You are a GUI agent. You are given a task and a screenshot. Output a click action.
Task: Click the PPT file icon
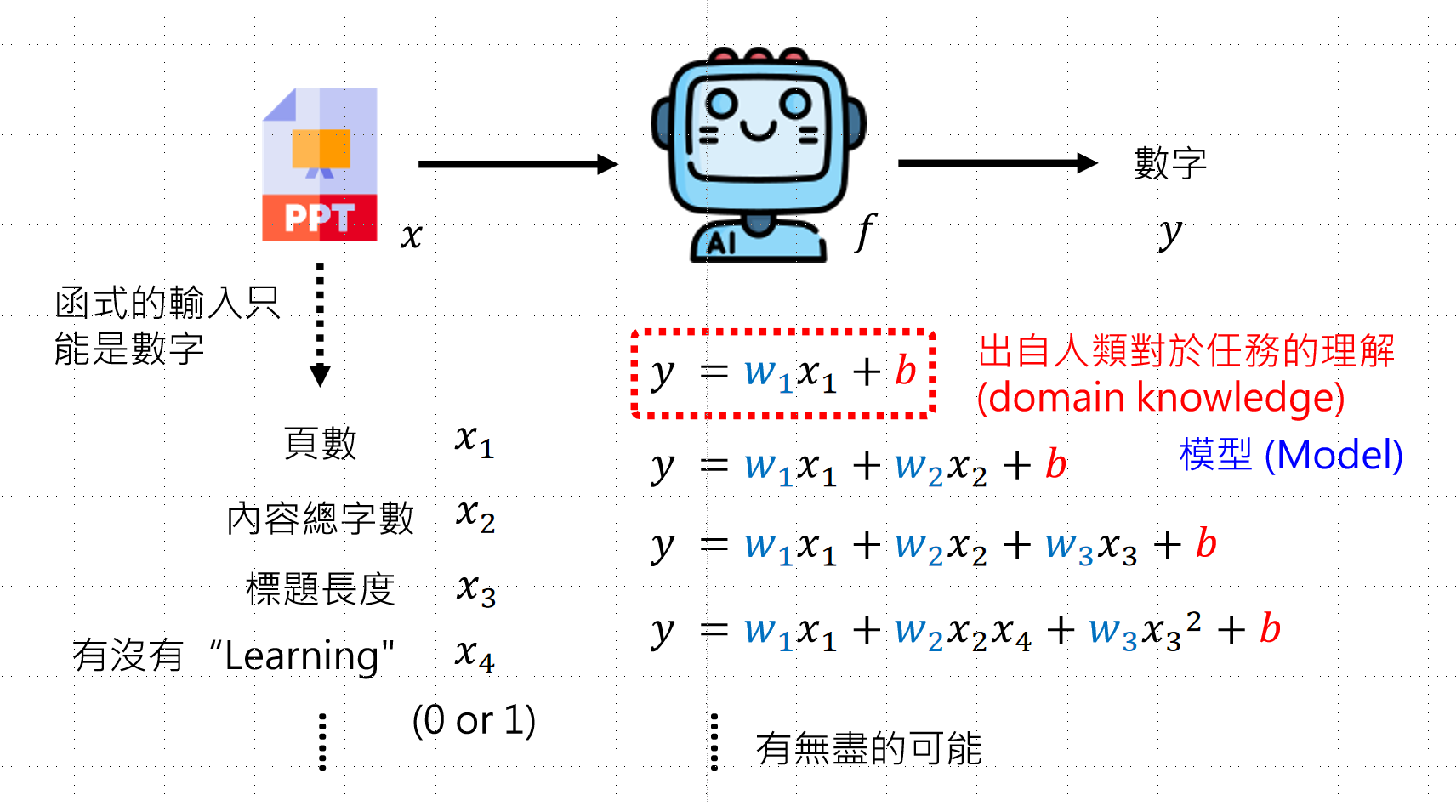[x=320, y=164]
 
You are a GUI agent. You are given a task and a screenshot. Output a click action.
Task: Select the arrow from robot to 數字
[x=997, y=162]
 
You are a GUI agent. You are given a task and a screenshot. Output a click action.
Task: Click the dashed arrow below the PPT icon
[x=320, y=323]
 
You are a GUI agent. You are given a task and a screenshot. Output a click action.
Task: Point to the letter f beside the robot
[x=864, y=232]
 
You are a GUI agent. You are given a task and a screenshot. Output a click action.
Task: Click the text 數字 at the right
[x=1170, y=163]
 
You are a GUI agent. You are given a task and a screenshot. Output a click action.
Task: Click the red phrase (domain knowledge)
[x=1161, y=397]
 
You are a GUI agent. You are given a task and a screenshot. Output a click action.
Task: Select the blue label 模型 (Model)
[x=1291, y=455]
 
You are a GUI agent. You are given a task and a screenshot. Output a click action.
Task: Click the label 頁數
[x=320, y=443]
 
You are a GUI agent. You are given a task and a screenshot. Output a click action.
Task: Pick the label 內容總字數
[x=320, y=518]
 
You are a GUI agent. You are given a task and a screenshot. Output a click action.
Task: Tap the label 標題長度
[x=320, y=588]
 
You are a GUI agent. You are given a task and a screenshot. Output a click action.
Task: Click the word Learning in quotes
[x=302, y=656]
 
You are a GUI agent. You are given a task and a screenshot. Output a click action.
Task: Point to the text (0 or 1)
[x=474, y=720]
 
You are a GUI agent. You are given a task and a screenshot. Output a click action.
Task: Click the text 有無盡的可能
[x=868, y=748]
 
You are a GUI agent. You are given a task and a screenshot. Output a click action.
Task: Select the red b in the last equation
[x=1270, y=629]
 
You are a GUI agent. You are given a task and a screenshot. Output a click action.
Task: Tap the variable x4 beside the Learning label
[x=475, y=655]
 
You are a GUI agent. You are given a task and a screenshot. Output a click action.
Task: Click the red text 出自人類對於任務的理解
[x=1186, y=350]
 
